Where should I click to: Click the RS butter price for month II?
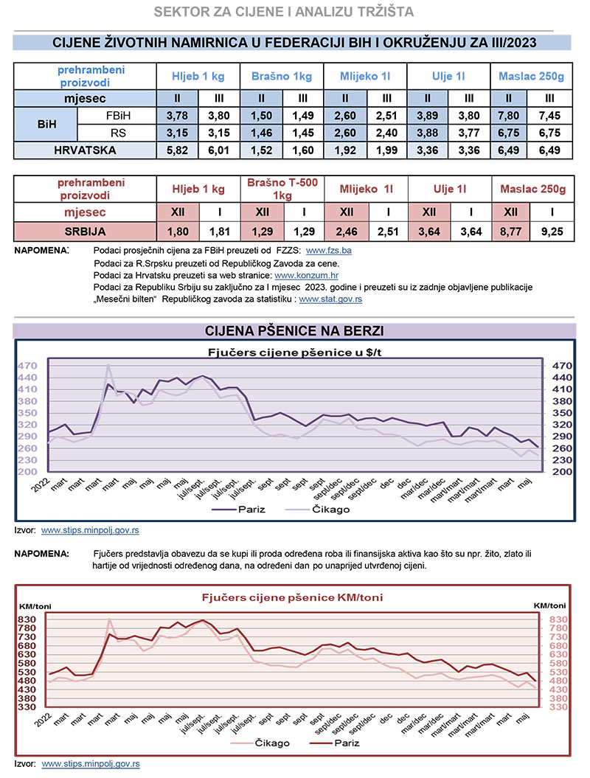click(x=509, y=133)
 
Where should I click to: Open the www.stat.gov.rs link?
click(x=330, y=299)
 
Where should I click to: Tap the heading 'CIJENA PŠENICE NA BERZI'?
click(x=294, y=330)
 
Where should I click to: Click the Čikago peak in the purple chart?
click(x=108, y=364)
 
